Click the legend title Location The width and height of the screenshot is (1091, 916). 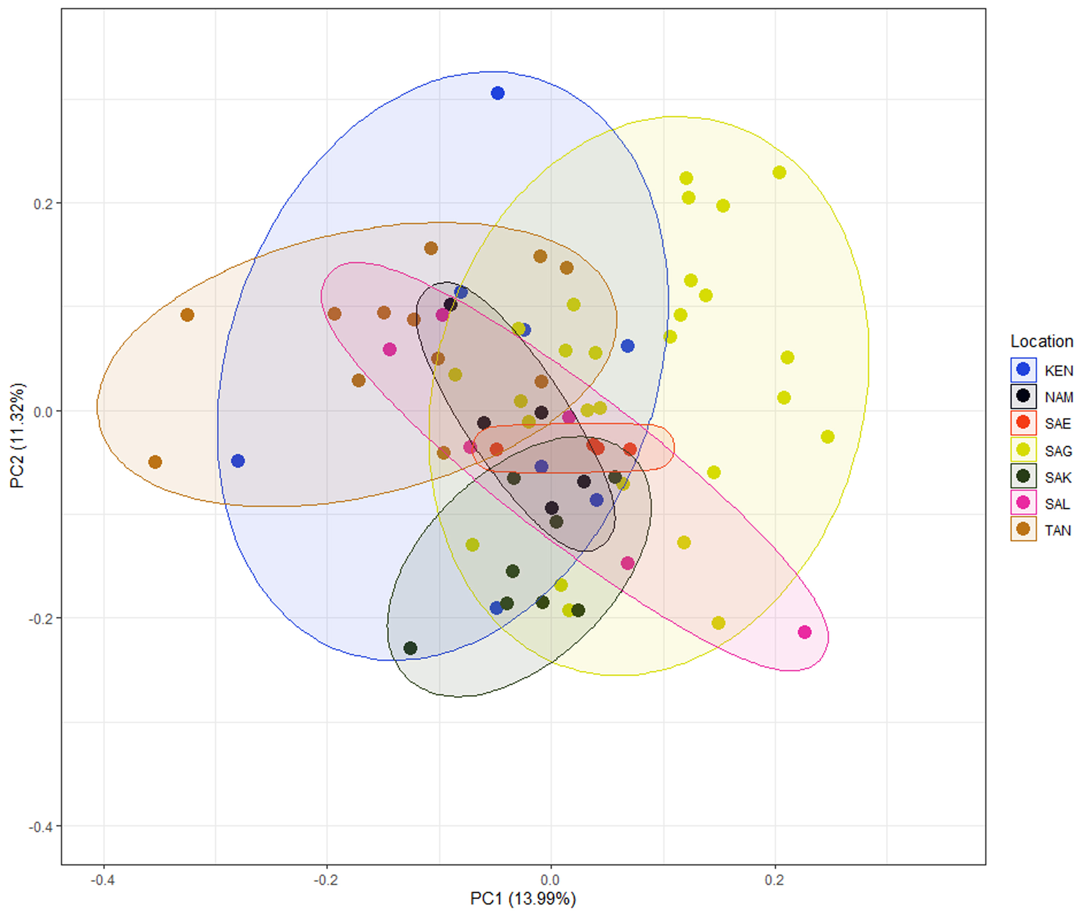coord(1041,341)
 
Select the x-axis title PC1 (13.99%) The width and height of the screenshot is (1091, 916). coord(523,898)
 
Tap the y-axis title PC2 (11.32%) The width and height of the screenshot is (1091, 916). coord(17,435)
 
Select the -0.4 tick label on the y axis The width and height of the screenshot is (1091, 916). coord(40,827)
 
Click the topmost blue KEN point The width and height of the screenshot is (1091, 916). coord(498,93)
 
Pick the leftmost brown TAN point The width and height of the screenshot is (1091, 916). coord(155,462)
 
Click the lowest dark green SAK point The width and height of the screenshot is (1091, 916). coord(411,648)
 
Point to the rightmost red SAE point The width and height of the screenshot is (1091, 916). coord(630,449)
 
